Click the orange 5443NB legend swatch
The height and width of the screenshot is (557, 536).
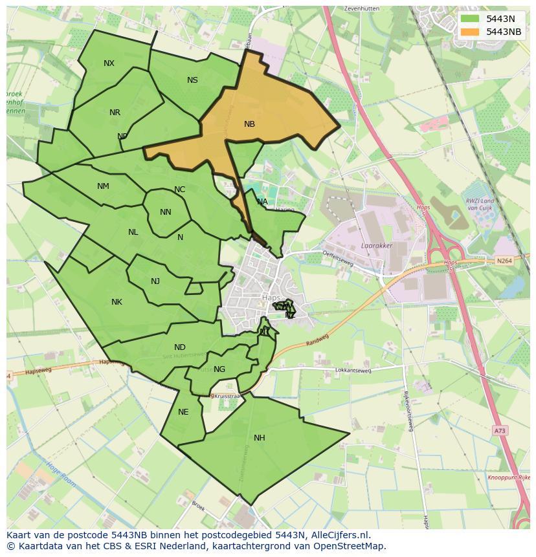[471, 31]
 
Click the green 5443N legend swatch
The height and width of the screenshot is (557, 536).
[471, 18]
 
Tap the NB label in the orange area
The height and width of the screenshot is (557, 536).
[249, 124]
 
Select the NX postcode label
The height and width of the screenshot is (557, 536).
[109, 63]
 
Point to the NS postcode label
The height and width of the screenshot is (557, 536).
[192, 80]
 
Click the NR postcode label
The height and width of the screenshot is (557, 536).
[115, 112]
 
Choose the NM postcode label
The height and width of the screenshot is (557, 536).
[103, 186]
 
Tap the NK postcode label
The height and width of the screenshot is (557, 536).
[117, 301]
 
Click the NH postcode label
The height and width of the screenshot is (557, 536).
[259, 437]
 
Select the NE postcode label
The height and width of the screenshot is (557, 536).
[183, 412]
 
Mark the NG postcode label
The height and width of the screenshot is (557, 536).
[219, 369]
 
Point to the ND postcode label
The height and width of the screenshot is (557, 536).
[180, 347]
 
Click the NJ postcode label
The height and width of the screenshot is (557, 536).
[155, 281]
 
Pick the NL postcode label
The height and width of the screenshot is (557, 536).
[133, 232]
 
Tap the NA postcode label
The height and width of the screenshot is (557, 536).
[262, 202]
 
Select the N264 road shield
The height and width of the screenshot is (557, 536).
[504, 261]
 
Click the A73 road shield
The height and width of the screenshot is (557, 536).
[498, 430]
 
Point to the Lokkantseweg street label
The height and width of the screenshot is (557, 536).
[353, 371]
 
